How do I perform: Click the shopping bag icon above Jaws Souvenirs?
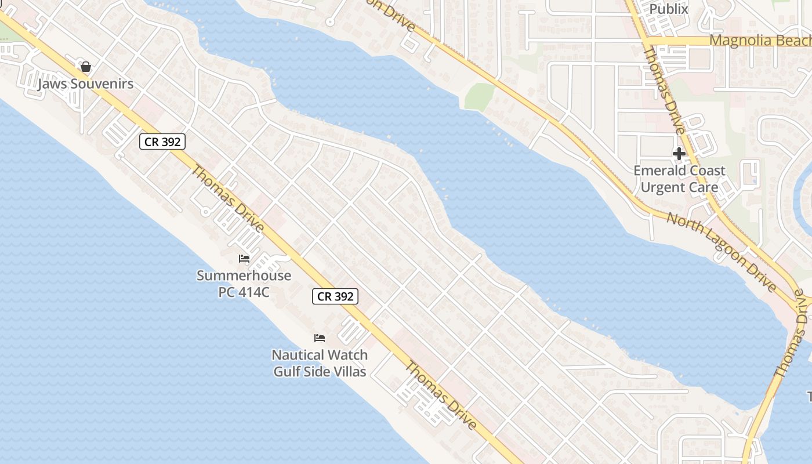(86, 67)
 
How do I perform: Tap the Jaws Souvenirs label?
(86, 84)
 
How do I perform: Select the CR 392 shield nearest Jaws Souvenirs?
(162, 142)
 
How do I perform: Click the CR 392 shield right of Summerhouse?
(335, 296)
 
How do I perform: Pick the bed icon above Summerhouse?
(244, 258)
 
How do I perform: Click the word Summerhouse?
(244, 275)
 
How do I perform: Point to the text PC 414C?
(244, 292)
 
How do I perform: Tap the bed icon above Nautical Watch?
(320, 338)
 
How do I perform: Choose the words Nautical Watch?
(320, 354)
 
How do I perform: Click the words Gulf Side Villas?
(320, 371)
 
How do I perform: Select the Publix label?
(669, 9)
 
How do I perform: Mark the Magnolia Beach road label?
(760, 41)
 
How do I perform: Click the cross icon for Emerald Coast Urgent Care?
(679, 154)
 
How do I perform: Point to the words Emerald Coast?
(679, 171)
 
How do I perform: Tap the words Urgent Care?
(679, 187)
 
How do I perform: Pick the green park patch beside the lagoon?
(478, 96)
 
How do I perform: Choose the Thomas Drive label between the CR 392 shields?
(228, 198)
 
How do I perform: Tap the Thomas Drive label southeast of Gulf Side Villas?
(441, 396)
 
